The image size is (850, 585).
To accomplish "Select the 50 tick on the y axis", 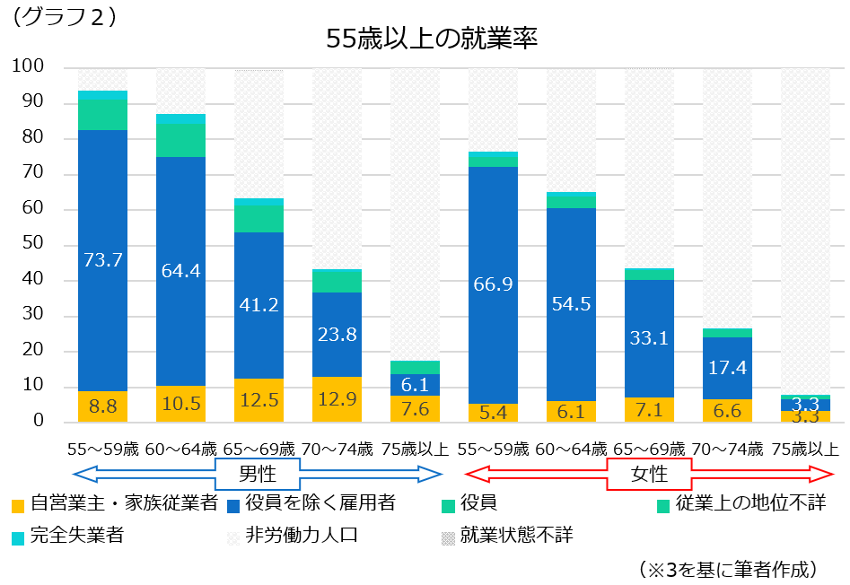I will (x=32, y=244).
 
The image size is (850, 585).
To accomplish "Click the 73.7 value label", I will (x=102, y=260).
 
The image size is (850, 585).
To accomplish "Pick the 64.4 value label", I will (x=180, y=269).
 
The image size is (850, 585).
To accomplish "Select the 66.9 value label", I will (x=493, y=284).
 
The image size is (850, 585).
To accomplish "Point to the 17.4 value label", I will (x=727, y=367).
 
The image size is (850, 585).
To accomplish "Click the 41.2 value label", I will (x=259, y=304).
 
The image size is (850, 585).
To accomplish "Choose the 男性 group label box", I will (x=257, y=473).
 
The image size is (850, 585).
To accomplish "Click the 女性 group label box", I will (x=649, y=473).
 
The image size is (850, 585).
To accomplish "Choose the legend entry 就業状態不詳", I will (x=515, y=537).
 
